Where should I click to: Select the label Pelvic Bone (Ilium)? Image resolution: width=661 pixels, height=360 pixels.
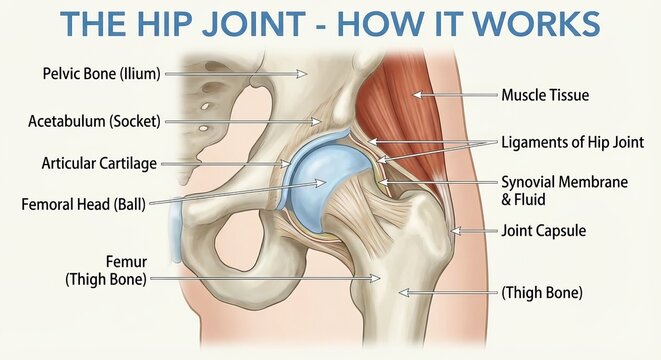point(102,73)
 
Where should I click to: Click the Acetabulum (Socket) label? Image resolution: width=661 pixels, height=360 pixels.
point(96,122)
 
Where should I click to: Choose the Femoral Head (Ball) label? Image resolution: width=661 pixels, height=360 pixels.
point(83,204)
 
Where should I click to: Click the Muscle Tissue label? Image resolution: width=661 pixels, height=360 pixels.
point(545,96)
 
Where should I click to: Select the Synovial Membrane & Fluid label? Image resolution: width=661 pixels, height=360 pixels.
point(564,190)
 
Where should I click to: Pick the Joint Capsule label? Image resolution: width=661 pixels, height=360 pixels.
point(543,231)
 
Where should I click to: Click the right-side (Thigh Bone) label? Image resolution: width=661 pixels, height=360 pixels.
point(541,293)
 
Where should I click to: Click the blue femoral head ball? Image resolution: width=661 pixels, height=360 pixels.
point(325,180)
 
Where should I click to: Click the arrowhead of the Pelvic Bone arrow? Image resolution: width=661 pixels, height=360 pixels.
point(306,73)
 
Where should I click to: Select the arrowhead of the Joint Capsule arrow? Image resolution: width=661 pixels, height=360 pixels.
point(452,232)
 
